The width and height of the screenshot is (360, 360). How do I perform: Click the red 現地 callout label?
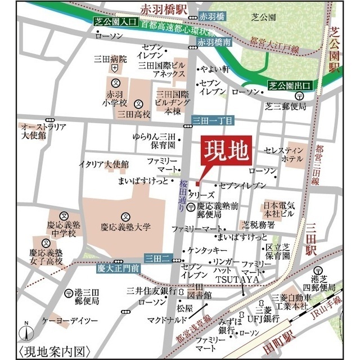223,149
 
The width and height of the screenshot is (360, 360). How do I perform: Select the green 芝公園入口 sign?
115,22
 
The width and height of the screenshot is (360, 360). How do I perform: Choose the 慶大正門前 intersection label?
118,269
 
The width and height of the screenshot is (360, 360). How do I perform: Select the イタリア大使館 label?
103,164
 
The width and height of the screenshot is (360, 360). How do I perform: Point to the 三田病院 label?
115,58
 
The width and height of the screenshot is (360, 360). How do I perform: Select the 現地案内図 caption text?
55,352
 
